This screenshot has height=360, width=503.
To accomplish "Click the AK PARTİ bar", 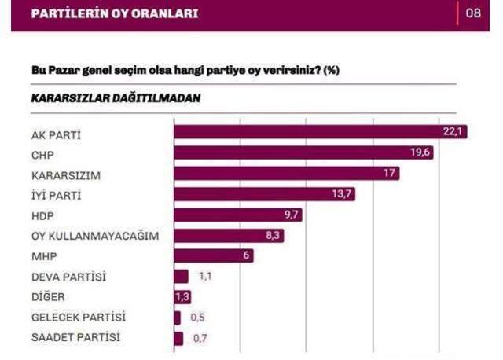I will tap(320, 132).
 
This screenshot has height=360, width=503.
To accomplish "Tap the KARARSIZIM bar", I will tap(286, 173).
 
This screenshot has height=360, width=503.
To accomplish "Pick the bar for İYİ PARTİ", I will tap(264, 193).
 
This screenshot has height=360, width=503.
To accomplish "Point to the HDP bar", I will tap(238, 214).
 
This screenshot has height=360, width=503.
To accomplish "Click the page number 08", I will tap(473, 13).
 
